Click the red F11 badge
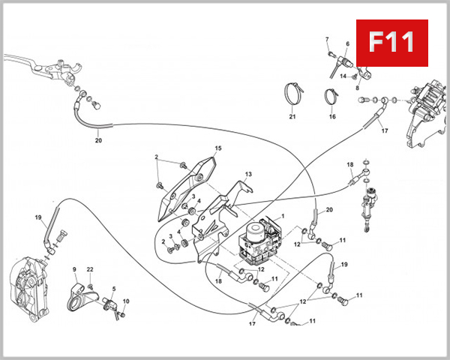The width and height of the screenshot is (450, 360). (x=391, y=43)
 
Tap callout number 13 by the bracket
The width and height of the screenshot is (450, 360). (x=248, y=174)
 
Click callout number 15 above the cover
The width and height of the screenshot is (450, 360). (x=218, y=148)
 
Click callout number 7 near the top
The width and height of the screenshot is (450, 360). (x=327, y=39)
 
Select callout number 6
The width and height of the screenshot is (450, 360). (x=347, y=44)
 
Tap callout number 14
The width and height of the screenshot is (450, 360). (x=343, y=76)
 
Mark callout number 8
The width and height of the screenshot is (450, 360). (x=357, y=88)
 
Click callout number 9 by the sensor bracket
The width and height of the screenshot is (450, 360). (x=74, y=269)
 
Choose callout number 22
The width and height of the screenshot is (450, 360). (x=90, y=269)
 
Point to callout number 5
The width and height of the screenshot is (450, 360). (x=113, y=289)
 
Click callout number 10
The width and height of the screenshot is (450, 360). (x=126, y=301)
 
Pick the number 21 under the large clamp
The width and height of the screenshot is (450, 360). (x=292, y=117)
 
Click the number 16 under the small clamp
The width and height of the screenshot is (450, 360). (x=331, y=117)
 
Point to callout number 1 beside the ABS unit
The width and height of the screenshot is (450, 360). (x=283, y=216)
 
